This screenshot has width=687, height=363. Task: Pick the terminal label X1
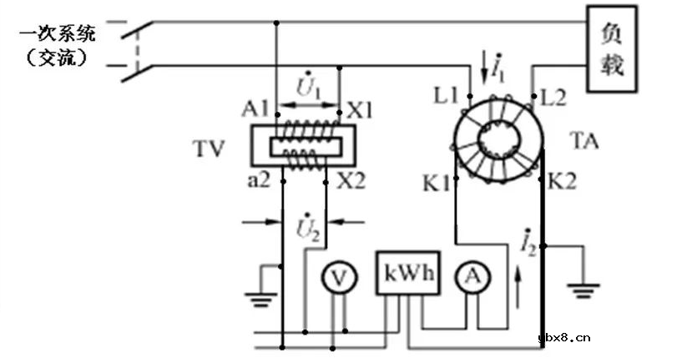(x=361, y=109)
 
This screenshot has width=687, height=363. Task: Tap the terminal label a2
(x=257, y=179)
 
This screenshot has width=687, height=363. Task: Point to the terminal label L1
(x=446, y=95)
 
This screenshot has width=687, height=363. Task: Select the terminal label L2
(x=553, y=95)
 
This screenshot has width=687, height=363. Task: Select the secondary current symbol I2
(x=525, y=241)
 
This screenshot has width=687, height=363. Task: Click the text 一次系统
(x=61, y=34)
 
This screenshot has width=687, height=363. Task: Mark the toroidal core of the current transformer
(x=496, y=137)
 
